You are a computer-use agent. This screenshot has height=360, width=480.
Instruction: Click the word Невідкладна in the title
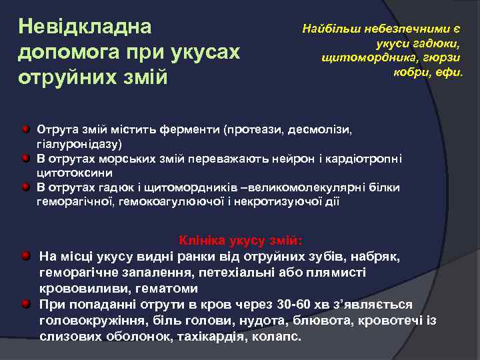pos(85,27)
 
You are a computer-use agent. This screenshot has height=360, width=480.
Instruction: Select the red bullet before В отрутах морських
pos(25,157)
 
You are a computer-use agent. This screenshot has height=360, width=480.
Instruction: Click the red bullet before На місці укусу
pos(25,256)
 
